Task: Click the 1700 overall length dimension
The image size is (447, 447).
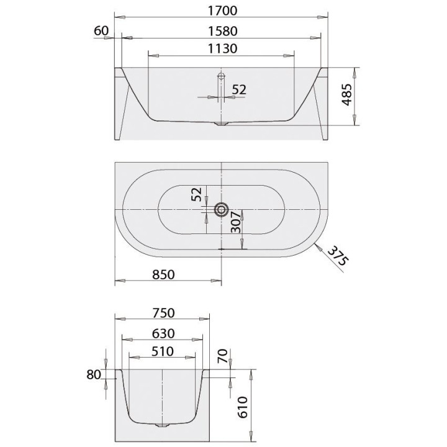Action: tap(222, 11)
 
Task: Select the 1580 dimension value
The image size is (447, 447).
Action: tap(222, 31)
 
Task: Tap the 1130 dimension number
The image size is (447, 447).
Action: tap(222, 48)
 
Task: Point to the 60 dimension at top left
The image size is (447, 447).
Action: tap(101, 31)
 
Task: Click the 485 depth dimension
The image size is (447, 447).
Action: tap(347, 94)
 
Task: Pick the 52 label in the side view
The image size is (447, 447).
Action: tap(239, 90)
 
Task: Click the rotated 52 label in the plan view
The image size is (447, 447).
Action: tap(196, 194)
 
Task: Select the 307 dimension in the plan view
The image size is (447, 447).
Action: tap(236, 222)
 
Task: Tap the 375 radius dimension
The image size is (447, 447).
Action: tap(338, 256)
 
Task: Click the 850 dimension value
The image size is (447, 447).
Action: tap(163, 274)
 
